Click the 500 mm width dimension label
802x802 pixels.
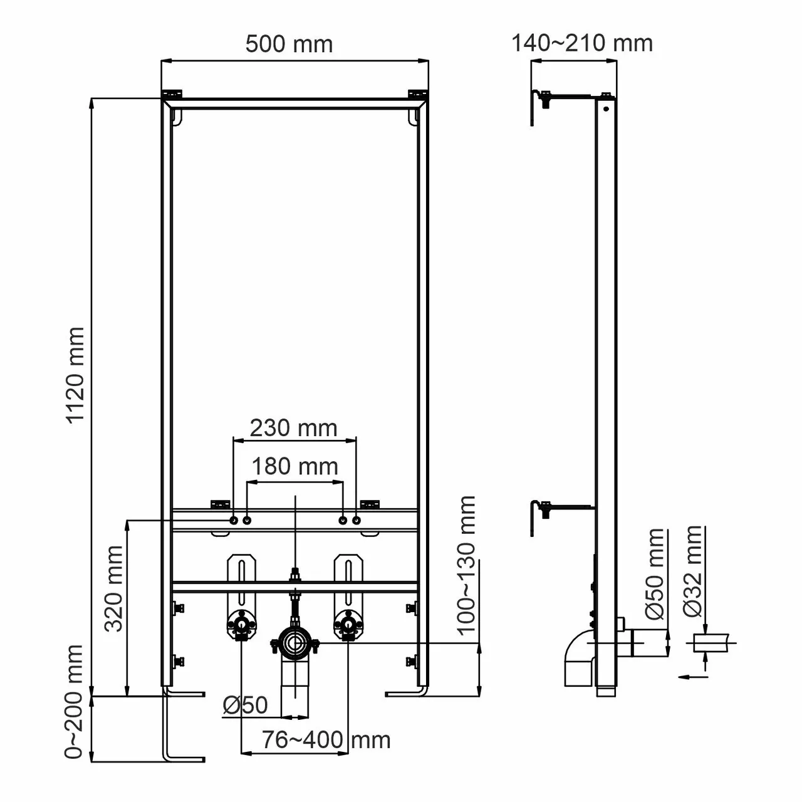click(289, 44)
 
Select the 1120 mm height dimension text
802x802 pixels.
click(76, 375)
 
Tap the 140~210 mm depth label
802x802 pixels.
click(582, 43)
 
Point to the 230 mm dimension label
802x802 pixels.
click(293, 429)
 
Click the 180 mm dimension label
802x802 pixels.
click(294, 467)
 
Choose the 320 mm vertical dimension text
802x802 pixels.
click(114, 588)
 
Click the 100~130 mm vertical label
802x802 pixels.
click(467, 566)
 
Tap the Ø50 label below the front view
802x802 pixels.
click(245, 706)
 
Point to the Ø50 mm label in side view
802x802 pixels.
click(655, 574)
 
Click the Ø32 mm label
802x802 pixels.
click(694, 571)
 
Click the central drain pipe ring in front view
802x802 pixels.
click(294, 643)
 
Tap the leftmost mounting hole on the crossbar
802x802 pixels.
click(234, 521)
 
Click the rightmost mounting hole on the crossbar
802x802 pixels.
click(357, 521)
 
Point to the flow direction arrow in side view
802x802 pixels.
click(692, 676)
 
